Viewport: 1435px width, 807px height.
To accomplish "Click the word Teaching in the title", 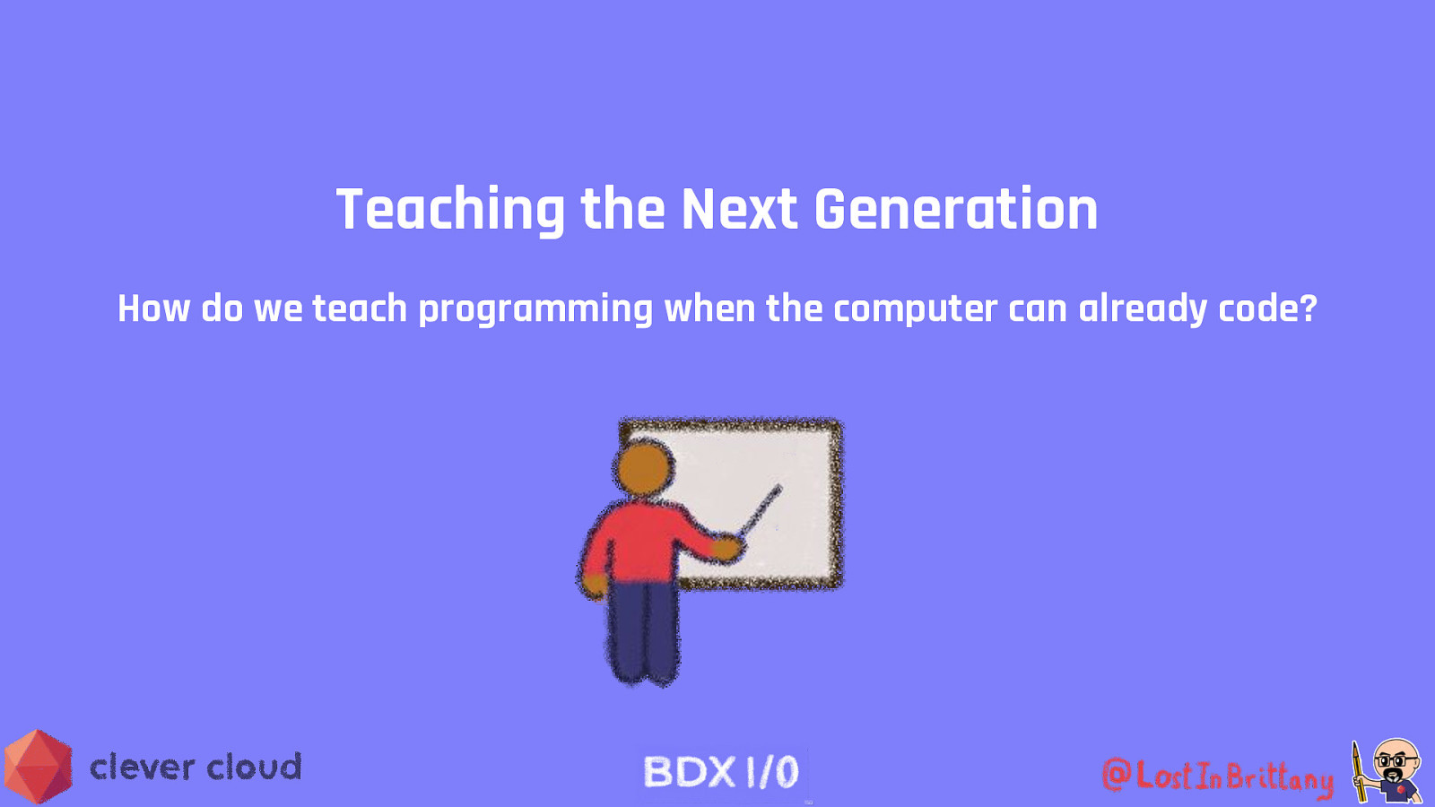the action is click(450, 211).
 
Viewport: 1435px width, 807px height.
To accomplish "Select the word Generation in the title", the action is click(956, 209).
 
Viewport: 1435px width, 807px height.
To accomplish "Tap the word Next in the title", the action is click(739, 209).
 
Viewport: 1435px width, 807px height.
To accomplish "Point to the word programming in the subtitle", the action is click(535, 310).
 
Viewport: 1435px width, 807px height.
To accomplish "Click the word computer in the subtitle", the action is click(916, 310).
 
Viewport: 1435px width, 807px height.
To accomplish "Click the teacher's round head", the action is click(644, 469).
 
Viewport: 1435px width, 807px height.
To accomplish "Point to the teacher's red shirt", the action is click(647, 542).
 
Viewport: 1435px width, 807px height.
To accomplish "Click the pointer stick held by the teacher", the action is click(761, 510).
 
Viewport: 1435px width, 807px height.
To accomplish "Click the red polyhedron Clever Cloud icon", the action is click(38, 766).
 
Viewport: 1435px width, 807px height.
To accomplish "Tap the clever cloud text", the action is click(196, 767).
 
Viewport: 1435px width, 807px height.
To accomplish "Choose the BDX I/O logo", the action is click(721, 772).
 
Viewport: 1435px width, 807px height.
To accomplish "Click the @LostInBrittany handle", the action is click(1218, 777).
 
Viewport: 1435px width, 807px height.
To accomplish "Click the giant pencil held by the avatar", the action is click(1358, 771).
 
